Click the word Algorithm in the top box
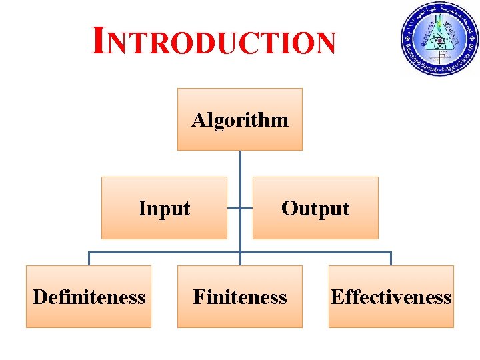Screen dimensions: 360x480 (240, 121)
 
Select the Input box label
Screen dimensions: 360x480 (164, 209)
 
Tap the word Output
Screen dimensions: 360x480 (315, 209)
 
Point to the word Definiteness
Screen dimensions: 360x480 (89, 297)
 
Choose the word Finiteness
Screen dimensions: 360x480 (240, 297)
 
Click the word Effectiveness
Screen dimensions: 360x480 (391, 297)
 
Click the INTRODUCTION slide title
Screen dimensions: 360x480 (214, 42)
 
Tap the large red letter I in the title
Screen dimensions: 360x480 (98, 40)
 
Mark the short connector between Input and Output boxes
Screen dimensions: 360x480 (240, 208)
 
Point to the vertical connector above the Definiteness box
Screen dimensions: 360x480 (89, 259)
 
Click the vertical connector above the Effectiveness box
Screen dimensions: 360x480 (391, 259)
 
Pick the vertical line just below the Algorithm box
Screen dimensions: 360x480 (240, 163)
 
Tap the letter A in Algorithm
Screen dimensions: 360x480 (198, 120)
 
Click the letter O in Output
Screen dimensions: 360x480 (288, 209)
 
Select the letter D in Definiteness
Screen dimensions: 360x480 (39, 297)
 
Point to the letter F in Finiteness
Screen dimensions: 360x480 (198, 297)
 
